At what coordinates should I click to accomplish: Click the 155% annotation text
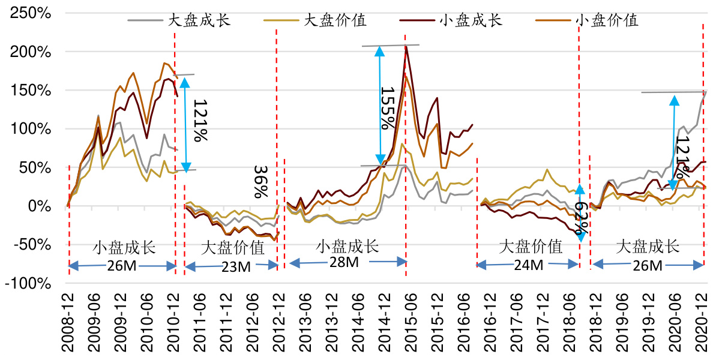point(388,107)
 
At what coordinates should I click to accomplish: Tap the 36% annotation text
point(260,182)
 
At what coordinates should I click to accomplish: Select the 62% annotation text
point(580,219)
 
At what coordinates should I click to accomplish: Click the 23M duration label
point(236,266)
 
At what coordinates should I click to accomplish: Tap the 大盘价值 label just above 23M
point(232,247)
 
